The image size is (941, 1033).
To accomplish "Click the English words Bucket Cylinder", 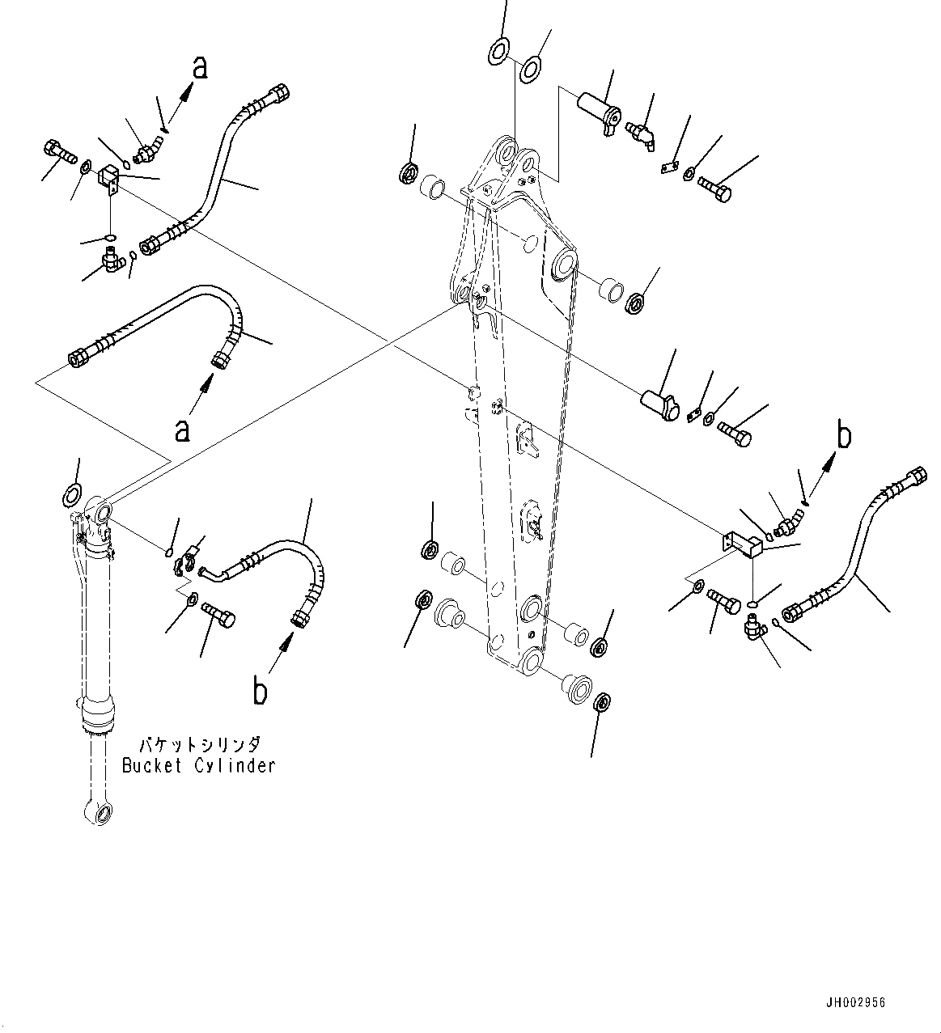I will click(x=198, y=765).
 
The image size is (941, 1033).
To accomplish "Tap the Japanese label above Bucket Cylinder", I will click(x=198, y=744).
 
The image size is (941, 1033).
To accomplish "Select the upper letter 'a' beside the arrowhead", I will click(x=199, y=68).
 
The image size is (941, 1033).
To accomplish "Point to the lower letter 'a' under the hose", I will click(x=183, y=429).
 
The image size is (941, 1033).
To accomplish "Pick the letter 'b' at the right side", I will click(x=844, y=437).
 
